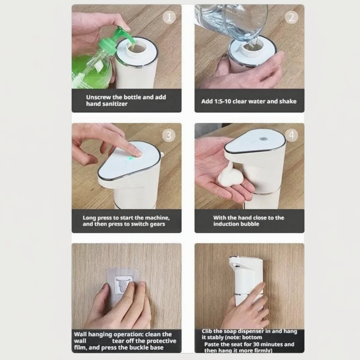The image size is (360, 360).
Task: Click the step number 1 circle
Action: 169,17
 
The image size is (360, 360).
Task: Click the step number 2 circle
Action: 292,17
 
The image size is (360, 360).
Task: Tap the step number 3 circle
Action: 169,135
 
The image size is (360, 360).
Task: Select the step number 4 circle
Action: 292,135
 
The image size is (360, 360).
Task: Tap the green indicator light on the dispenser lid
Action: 131,158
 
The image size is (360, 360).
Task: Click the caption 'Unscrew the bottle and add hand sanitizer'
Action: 126,100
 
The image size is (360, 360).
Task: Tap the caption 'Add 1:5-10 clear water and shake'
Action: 249,101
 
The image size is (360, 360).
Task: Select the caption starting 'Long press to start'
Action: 126,221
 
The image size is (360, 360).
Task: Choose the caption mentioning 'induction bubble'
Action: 249,221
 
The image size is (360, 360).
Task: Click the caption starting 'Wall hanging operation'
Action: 126,341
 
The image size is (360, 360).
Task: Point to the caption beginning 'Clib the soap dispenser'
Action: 249,341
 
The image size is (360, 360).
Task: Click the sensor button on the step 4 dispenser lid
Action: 264,138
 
